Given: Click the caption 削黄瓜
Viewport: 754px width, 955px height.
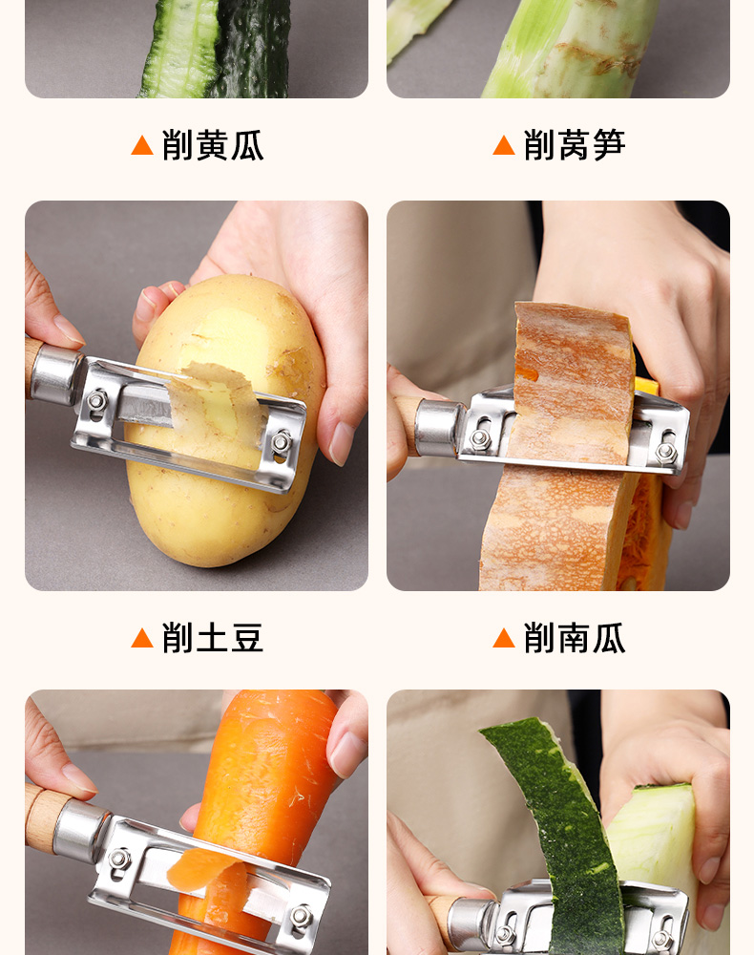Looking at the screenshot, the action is click(213, 145).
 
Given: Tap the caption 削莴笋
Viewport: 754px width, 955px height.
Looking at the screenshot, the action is click(575, 145).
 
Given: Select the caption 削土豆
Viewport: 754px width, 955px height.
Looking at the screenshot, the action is click(213, 638).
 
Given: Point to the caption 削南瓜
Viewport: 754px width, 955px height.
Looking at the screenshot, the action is click(575, 638).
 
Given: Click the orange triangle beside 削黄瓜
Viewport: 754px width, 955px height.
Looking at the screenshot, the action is click(142, 145).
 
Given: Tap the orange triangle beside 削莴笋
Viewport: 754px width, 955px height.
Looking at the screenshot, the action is click(504, 145).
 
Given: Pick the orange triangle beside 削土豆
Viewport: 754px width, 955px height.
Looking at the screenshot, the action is click(142, 638).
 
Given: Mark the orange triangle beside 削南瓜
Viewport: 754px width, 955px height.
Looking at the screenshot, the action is click(504, 638).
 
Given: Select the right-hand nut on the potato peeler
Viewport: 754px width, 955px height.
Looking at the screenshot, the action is click(282, 441).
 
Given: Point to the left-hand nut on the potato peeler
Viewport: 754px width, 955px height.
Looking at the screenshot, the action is click(96, 400).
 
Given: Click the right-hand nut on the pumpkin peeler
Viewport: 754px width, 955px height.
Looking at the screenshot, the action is click(666, 452).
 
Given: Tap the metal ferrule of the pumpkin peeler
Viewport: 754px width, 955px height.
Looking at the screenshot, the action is click(439, 428).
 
